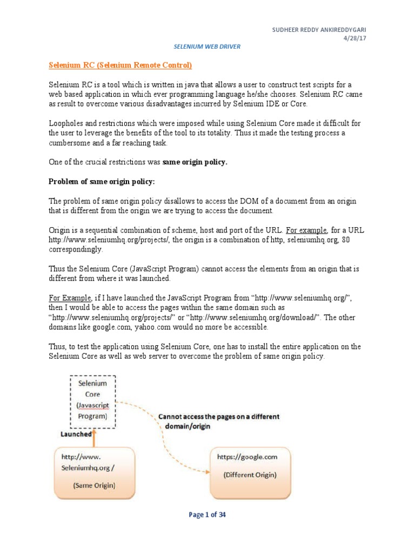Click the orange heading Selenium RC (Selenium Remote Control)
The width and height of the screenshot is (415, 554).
click(x=121, y=66)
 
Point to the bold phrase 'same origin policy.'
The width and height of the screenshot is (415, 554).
click(x=195, y=162)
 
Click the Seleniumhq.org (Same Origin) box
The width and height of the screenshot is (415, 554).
click(x=94, y=471)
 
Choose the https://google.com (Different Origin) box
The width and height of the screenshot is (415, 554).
click(x=250, y=471)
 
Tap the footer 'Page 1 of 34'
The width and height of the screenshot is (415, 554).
click(x=207, y=515)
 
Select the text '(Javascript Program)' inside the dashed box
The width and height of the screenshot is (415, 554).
click(x=92, y=411)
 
